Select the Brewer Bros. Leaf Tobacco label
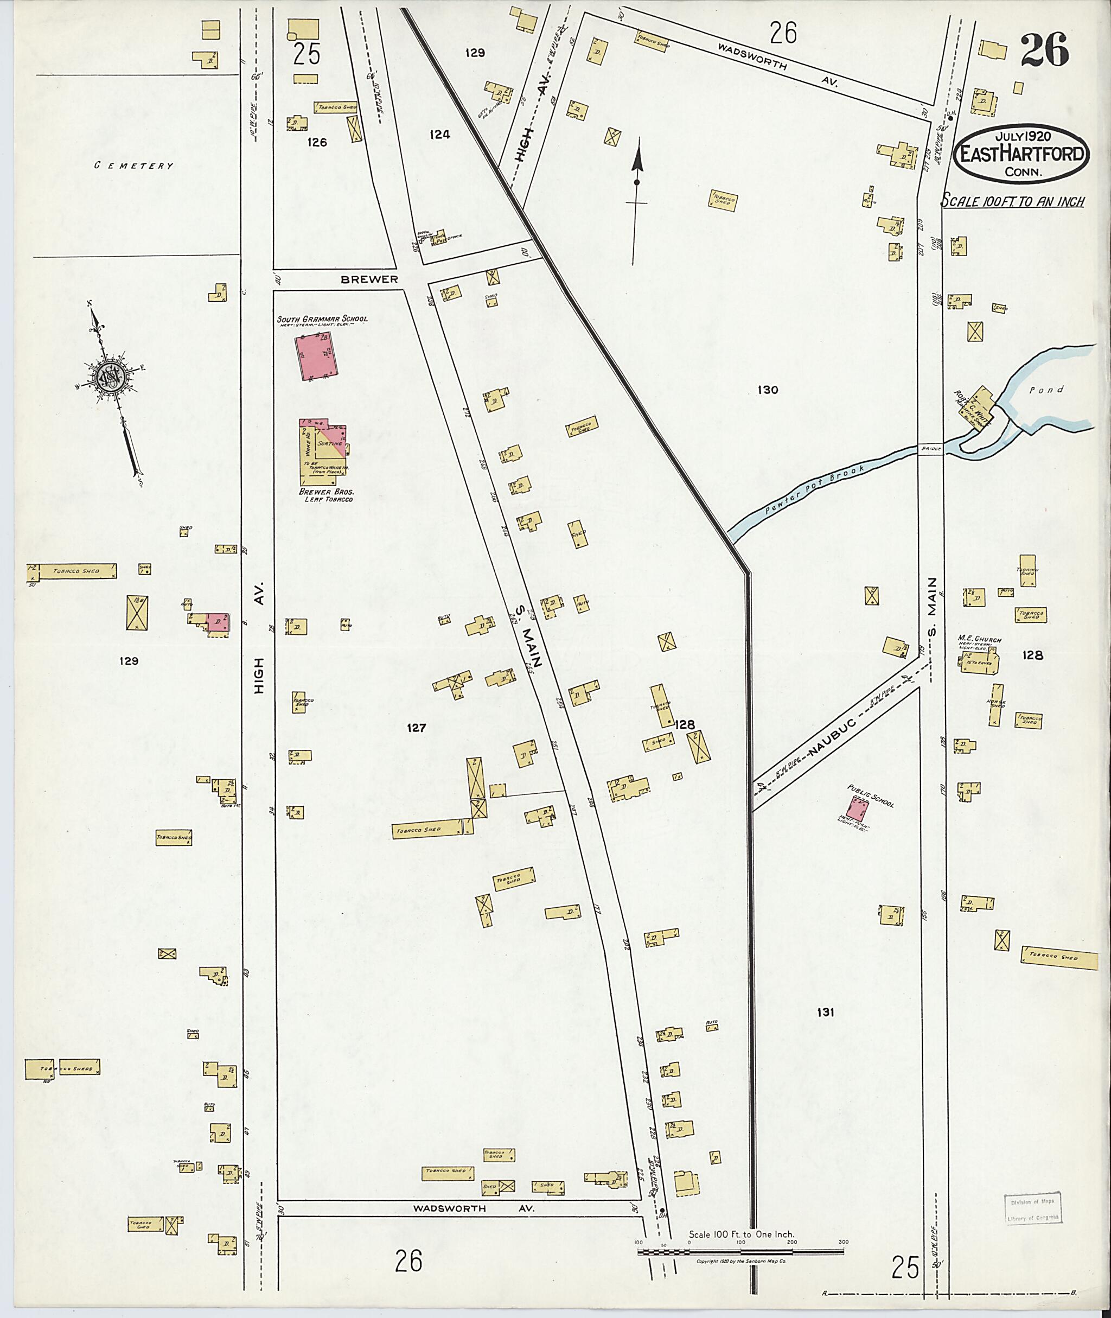click(325, 494)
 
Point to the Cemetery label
click(133, 165)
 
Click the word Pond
click(1046, 390)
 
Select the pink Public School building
click(857, 806)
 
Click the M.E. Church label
click(979, 640)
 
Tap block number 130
click(768, 390)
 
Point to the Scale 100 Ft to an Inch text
click(1013, 202)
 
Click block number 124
click(439, 134)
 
